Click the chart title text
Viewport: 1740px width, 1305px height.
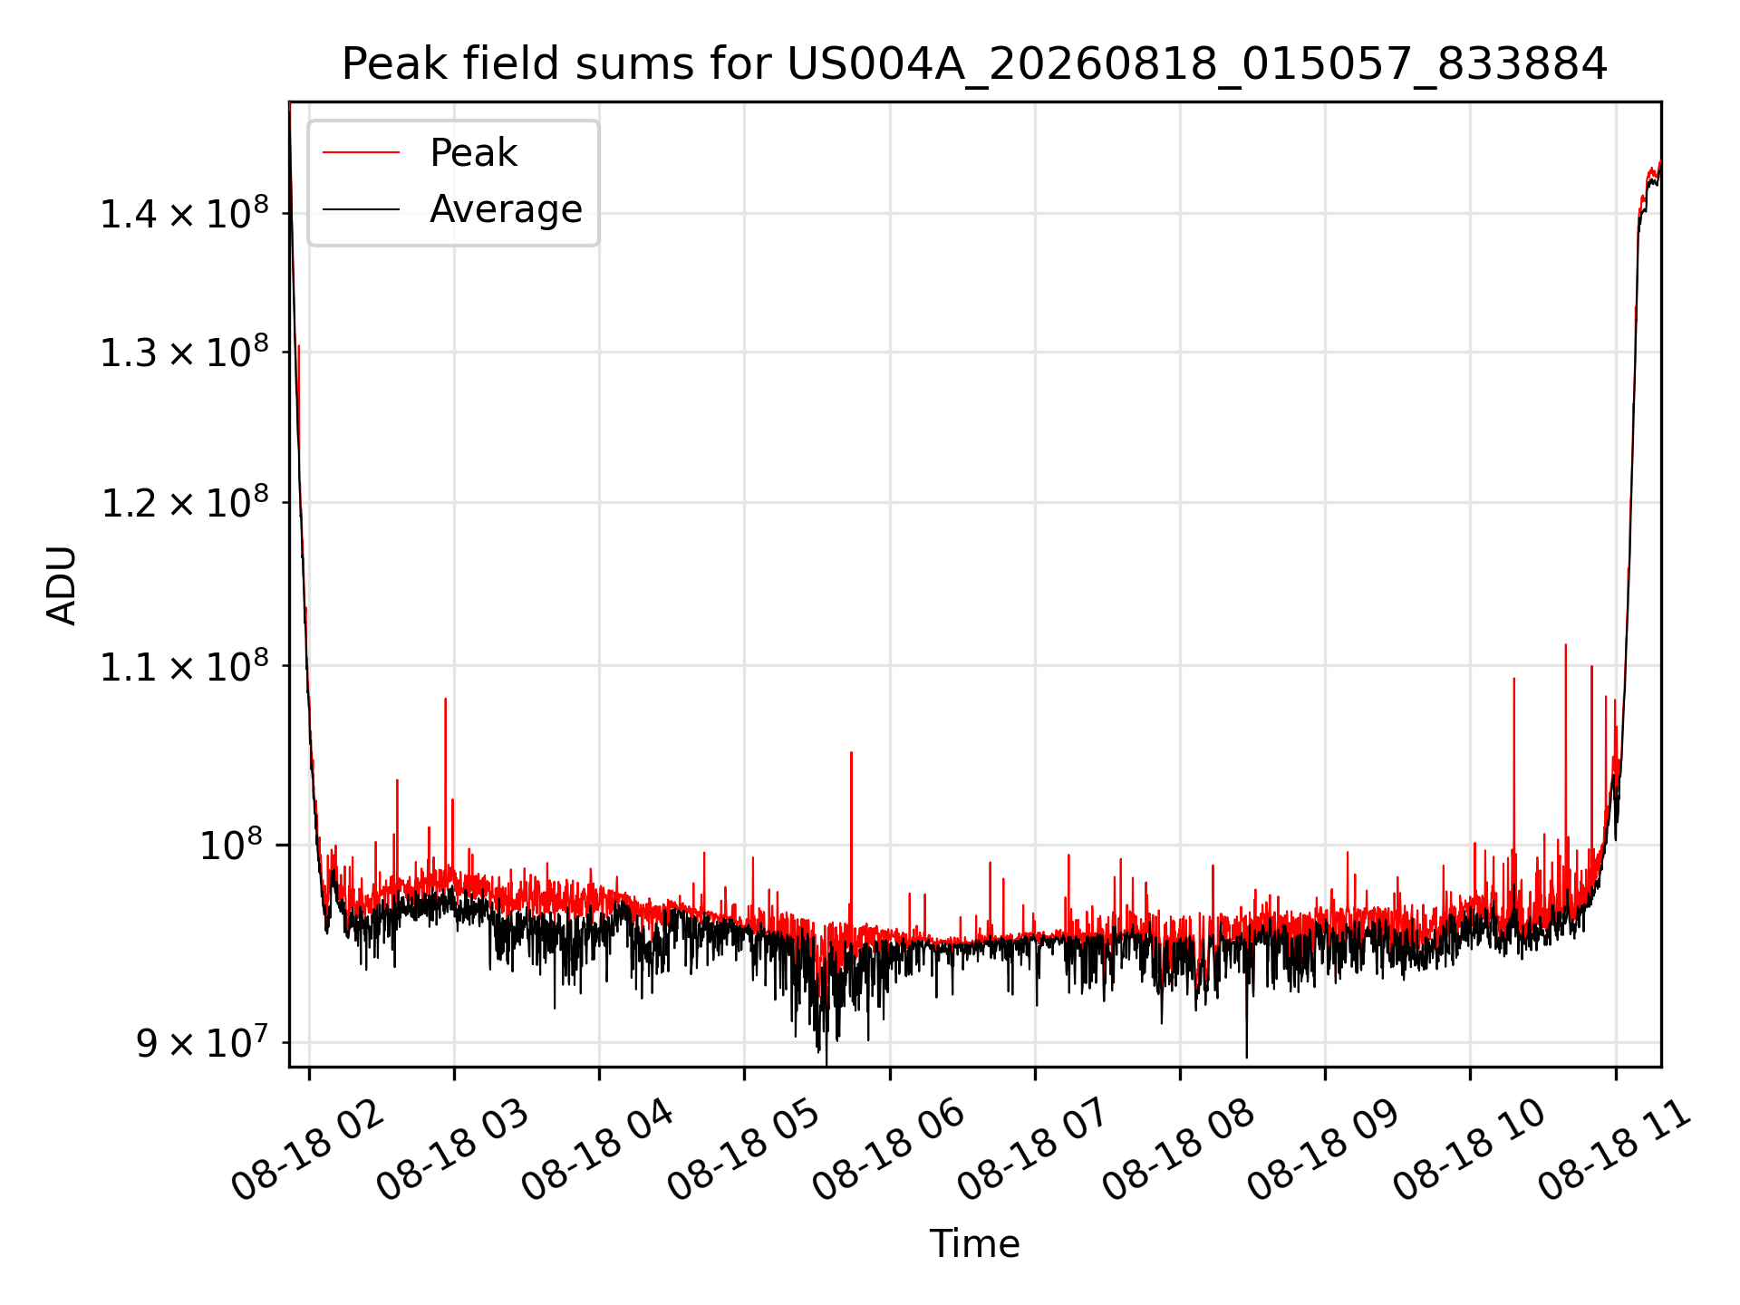pos(974,65)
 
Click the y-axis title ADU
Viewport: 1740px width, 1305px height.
pos(62,585)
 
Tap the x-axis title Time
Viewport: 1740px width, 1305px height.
pos(974,1244)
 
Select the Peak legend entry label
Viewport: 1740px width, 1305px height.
pos(473,153)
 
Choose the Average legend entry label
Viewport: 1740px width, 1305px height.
pos(506,209)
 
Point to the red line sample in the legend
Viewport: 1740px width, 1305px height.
pos(361,153)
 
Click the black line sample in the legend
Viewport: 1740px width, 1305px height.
pos(361,209)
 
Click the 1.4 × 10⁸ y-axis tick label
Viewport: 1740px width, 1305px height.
pos(184,214)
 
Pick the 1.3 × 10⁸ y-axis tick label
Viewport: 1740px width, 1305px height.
pos(184,352)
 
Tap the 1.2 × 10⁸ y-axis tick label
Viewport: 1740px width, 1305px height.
pos(184,503)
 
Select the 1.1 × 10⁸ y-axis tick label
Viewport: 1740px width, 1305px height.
pos(184,666)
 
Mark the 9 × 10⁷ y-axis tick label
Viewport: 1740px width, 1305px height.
pos(202,1042)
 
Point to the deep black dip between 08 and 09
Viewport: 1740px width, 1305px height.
pos(1246,1015)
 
